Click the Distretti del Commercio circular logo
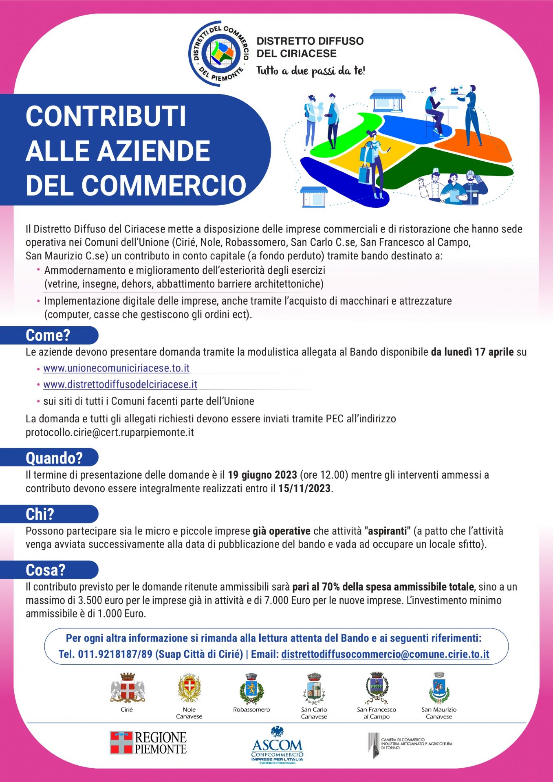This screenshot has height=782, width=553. pos(219,53)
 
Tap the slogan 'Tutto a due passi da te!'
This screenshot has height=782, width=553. pos(311,71)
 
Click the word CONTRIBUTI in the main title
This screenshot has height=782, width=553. pos(106,116)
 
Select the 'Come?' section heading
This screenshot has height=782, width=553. pos(48,335)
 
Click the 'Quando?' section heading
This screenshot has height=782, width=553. pos(54,458)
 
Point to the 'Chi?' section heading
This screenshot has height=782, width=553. pos(40,514)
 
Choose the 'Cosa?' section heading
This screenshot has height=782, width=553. pos(46,570)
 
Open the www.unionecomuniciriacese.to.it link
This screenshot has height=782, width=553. pos(117,368)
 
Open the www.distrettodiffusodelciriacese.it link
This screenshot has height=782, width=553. pos(120,384)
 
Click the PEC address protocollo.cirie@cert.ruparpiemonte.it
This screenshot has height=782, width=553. pos(110,432)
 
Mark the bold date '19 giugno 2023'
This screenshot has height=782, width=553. pos(262,475)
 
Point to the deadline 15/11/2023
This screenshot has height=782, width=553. pos(304,488)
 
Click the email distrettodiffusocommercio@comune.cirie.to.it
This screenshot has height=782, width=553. pos(385,654)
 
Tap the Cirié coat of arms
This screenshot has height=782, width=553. pos(127,688)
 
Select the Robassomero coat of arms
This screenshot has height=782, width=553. pos(251,689)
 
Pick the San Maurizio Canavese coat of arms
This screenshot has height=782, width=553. pos(439,688)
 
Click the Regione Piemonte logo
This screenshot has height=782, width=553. pos(148,742)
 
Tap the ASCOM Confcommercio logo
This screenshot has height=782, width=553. pos(277,745)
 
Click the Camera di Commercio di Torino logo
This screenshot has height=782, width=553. pos(410,745)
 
